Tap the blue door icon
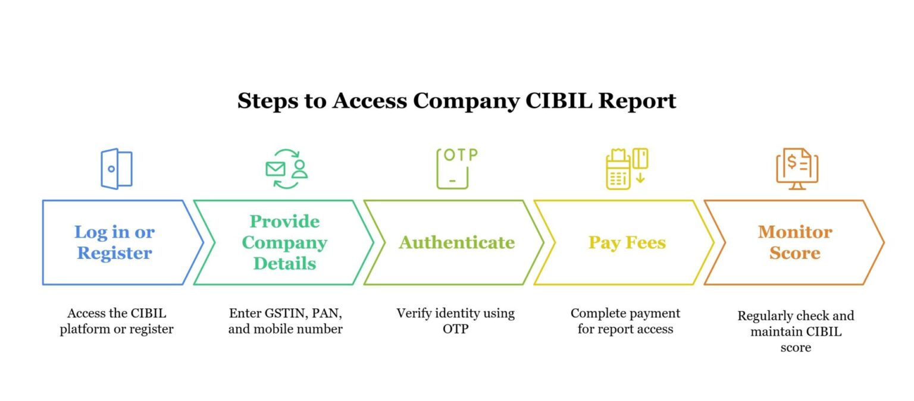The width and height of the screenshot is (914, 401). point(116,169)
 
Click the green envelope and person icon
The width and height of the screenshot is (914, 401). point(286,169)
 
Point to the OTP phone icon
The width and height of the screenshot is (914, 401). point(456,169)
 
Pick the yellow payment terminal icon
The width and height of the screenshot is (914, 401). point(626,169)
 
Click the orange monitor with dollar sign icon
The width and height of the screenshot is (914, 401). point(797,169)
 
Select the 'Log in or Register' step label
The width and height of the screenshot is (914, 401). point(114,242)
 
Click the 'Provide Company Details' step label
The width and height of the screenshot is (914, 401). point(284,242)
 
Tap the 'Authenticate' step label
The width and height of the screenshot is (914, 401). point(456,242)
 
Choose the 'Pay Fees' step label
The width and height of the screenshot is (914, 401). point(627,242)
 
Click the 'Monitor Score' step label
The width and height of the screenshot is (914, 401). point(795,242)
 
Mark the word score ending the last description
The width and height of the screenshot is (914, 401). point(796,348)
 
